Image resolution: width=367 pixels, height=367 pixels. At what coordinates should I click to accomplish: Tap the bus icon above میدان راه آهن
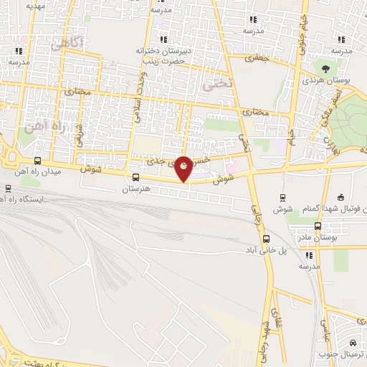coord(37,161)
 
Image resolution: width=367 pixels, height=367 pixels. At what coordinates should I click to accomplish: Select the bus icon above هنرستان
coord(136,178)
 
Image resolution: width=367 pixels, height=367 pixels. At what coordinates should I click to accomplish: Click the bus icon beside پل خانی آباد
coord(267,239)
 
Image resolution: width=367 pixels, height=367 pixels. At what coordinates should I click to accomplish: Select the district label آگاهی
coord(68,44)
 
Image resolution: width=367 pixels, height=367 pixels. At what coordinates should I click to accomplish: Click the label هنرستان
coord(136,189)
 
